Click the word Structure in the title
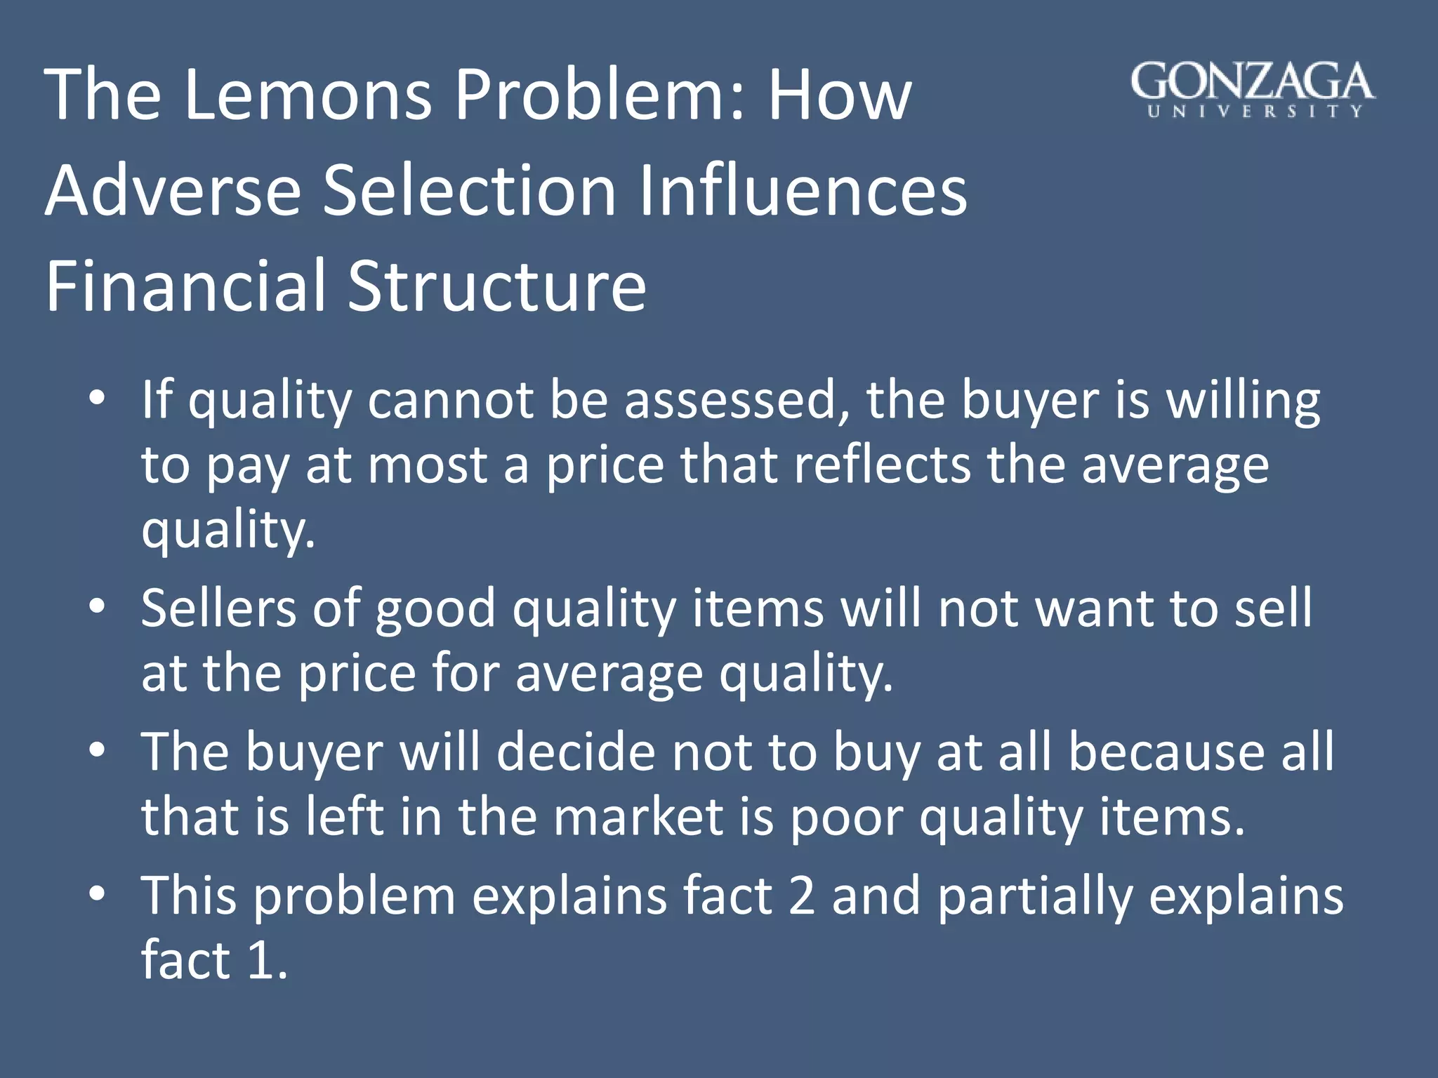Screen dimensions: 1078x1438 tap(496, 286)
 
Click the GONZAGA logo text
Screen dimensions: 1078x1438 tap(1253, 82)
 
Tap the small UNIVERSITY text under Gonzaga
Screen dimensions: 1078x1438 tap(1255, 111)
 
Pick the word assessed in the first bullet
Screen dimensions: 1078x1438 tap(737, 400)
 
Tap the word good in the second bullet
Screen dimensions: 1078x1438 tap(435, 609)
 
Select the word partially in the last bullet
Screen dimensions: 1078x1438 tap(1035, 897)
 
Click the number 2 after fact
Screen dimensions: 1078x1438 tap(801, 896)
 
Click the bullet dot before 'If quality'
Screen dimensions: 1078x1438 tap(98, 398)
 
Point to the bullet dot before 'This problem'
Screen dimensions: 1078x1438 tap(98, 893)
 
